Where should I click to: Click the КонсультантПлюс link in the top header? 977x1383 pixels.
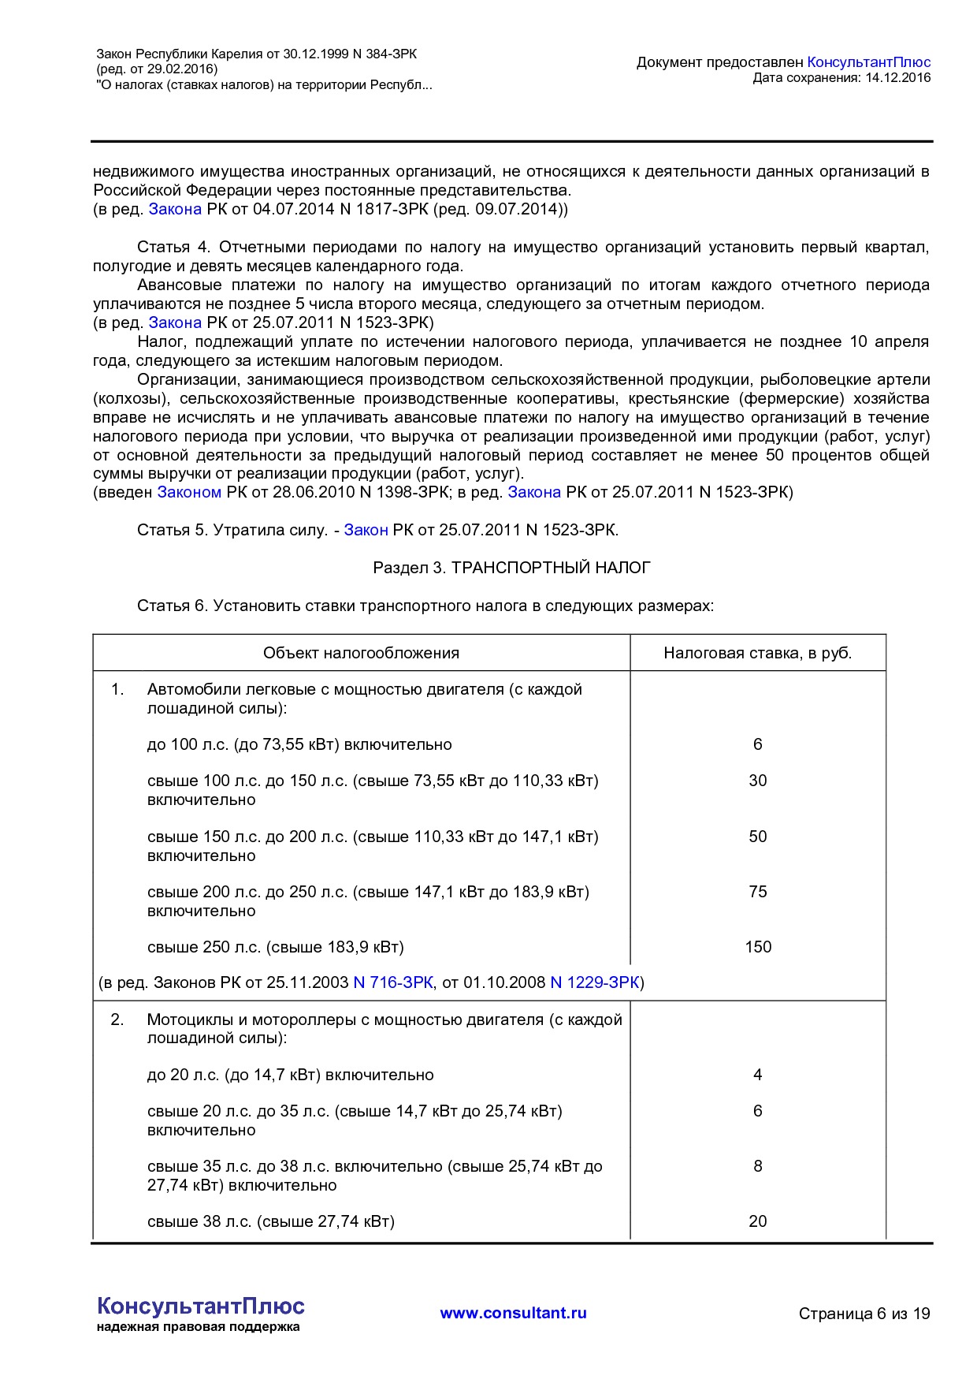point(868,62)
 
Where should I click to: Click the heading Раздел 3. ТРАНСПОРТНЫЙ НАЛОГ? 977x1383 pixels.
point(511,568)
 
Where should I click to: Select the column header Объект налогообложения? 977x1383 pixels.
point(361,653)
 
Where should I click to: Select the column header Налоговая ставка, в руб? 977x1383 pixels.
point(757,653)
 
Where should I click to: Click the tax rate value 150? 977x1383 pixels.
point(757,947)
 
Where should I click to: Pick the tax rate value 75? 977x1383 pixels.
point(757,892)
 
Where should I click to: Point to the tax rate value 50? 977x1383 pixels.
point(757,837)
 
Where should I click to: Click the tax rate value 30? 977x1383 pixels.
point(757,781)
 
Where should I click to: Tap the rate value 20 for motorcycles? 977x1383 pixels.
point(757,1221)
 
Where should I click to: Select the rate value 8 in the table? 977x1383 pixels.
point(757,1166)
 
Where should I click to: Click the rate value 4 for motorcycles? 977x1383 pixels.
point(757,1075)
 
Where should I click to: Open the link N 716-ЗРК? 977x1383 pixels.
point(393,982)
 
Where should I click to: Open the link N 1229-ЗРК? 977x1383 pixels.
point(594,982)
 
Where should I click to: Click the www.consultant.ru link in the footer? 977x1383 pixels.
point(513,1313)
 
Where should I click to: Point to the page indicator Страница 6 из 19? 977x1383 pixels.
point(864,1314)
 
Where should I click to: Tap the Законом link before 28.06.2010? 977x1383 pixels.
point(189,493)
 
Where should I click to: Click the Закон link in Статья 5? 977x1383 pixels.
point(366,531)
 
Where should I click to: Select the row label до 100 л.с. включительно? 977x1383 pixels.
point(299,744)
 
